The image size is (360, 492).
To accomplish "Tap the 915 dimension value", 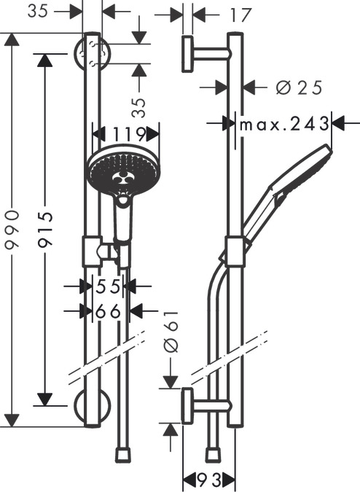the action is [x=45, y=232].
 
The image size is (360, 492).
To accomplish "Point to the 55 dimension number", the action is [x=108, y=286].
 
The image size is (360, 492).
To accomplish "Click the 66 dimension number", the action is [x=108, y=311].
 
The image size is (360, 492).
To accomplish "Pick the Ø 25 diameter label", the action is [x=299, y=87].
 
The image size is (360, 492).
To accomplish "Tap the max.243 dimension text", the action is [x=284, y=124].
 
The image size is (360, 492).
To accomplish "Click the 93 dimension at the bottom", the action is [x=209, y=479].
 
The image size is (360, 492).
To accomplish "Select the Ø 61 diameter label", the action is [x=171, y=332].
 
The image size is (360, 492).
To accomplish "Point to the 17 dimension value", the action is [x=240, y=15].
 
